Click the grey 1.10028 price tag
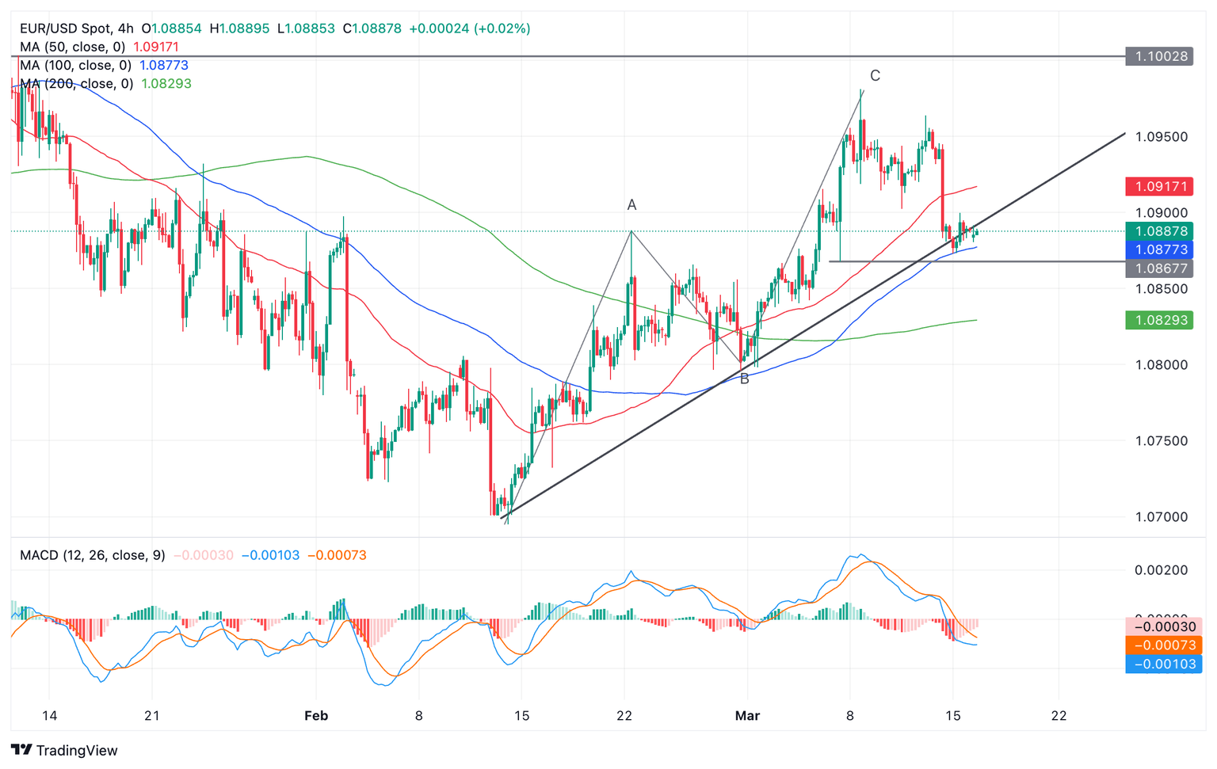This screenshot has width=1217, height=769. point(1158,56)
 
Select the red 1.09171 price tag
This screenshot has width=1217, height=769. point(1158,187)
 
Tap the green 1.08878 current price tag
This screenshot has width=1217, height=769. point(1158,231)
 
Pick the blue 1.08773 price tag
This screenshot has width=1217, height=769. point(1158,249)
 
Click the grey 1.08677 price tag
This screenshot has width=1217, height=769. point(1158,268)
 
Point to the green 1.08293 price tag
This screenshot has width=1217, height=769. point(1158,320)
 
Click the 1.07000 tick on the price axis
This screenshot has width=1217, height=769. point(1162,517)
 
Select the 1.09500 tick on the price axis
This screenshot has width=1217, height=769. point(1162,137)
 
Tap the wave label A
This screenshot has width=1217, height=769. point(631,205)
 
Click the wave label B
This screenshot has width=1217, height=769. point(744,379)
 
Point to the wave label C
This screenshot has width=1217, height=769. point(875,76)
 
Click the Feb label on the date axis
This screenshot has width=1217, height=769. point(316,716)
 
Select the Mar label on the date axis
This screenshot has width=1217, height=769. point(747,716)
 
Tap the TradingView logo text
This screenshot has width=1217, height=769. point(77,751)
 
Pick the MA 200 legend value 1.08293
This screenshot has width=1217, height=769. point(166,84)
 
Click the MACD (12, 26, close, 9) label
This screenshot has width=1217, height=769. point(92,555)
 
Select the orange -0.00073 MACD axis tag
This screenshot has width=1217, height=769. point(1163,645)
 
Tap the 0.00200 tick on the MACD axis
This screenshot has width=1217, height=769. point(1162,570)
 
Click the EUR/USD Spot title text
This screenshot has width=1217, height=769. point(65,29)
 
